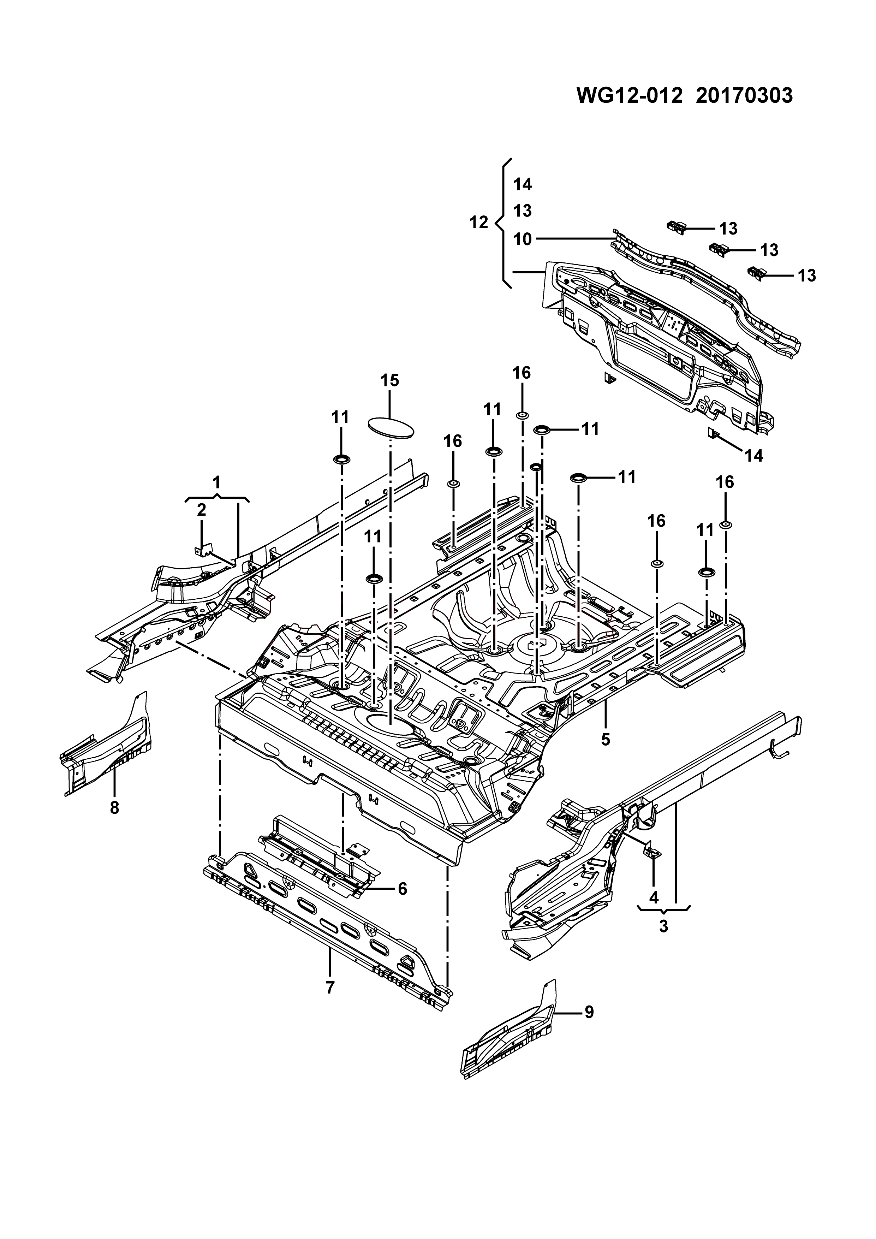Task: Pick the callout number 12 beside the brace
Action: tap(478, 222)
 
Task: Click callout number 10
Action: tap(523, 239)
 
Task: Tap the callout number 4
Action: tap(654, 897)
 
